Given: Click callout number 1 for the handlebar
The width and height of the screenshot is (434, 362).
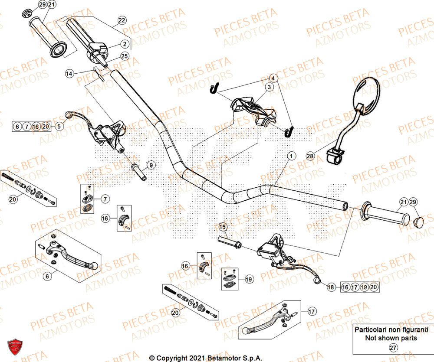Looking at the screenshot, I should (291, 156).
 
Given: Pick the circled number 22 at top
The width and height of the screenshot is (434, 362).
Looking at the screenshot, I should (122, 20).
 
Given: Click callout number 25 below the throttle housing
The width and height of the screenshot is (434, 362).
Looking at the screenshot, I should (124, 56).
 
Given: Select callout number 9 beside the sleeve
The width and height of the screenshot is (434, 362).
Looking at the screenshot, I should (151, 165).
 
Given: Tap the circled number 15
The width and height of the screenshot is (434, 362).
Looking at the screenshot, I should (223, 227).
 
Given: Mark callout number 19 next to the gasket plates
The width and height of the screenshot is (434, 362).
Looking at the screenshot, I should (249, 280).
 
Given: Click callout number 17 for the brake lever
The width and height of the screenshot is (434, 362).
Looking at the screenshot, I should (311, 311).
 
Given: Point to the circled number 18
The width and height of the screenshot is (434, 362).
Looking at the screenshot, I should (331, 287).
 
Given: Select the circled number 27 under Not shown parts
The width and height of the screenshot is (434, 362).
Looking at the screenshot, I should (393, 348).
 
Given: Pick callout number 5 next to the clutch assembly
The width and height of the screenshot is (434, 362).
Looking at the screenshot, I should (59, 126).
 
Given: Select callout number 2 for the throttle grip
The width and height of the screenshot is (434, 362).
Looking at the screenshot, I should (124, 44).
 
